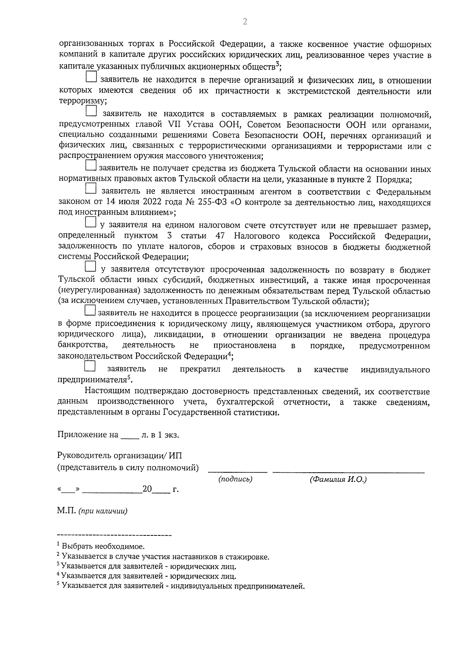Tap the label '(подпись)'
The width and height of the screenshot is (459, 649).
[x=235, y=479]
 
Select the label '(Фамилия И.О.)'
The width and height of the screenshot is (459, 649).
[x=338, y=479]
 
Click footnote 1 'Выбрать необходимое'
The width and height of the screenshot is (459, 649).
[x=103, y=547]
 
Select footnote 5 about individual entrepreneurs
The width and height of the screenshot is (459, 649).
[x=183, y=586]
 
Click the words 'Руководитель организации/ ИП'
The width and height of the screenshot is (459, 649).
[x=120, y=455]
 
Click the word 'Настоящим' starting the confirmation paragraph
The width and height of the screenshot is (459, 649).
[x=106, y=391]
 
